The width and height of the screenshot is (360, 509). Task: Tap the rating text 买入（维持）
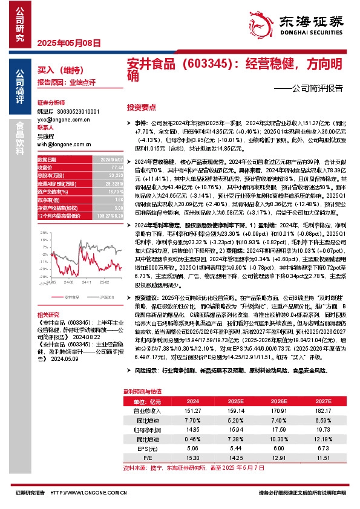click(x=54, y=71)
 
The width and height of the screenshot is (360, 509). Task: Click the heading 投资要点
click(x=141, y=106)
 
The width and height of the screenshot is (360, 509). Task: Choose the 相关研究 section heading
click(x=48, y=315)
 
